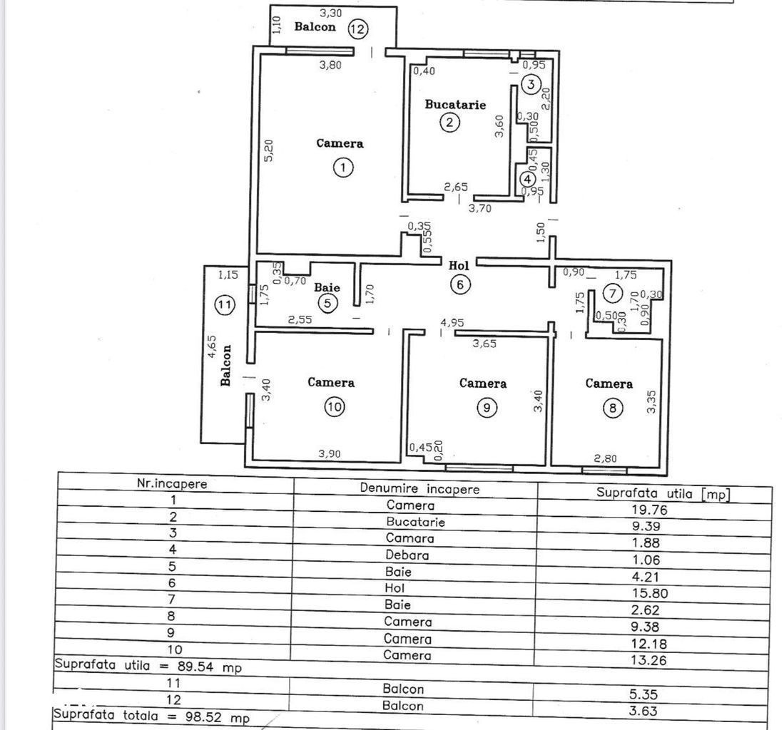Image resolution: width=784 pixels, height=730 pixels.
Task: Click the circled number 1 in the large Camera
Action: pyautogui.click(x=343, y=168)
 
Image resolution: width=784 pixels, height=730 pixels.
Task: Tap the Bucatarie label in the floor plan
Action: pyautogui.click(x=455, y=104)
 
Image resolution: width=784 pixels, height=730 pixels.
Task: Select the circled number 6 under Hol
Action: pyautogui.click(x=460, y=284)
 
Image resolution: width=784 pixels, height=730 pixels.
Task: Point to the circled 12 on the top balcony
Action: pyautogui.click(x=357, y=29)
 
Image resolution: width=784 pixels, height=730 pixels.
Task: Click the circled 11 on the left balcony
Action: pyautogui.click(x=225, y=304)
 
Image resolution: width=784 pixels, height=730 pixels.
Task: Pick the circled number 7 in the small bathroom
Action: pyautogui.click(x=613, y=293)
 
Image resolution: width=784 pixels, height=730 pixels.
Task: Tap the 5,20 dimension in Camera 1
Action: pyautogui.click(x=268, y=150)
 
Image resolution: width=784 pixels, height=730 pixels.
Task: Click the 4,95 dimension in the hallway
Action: pyautogui.click(x=452, y=323)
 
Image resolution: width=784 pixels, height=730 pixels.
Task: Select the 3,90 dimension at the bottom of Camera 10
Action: pyautogui.click(x=330, y=453)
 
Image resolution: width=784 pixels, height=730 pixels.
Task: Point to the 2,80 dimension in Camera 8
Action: pyautogui.click(x=606, y=458)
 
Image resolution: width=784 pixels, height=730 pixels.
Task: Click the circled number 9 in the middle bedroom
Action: pyautogui.click(x=487, y=408)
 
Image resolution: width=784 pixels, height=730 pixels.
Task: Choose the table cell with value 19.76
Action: pyautogui.click(x=649, y=510)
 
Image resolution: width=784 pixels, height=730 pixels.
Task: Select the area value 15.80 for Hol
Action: pyautogui.click(x=650, y=593)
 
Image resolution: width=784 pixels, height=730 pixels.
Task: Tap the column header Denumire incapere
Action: pyautogui.click(x=419, y=488)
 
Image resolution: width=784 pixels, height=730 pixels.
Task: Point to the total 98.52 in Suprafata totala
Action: pyautogui.click(x=203, y=717)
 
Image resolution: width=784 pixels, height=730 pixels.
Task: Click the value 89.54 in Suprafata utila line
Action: pyautogui.click(x=195, y=666)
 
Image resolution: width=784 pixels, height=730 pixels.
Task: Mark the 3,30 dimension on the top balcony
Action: pyautogui.click(x=330, y=13)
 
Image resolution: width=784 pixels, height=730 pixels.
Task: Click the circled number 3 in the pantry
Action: pyautogui.click(x=531, y=84)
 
